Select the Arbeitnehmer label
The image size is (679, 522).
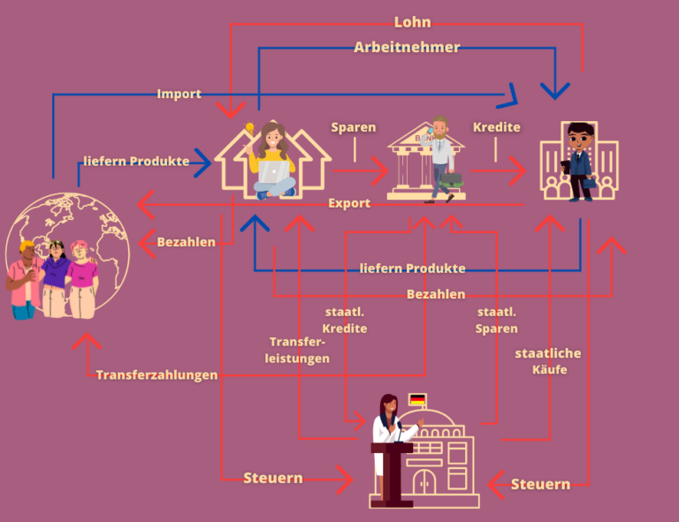pos(407,48)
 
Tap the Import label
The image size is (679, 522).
pos(179,94)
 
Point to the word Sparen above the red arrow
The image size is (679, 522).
pos(354,128)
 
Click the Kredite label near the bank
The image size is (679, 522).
pos(496,127)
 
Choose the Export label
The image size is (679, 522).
pos(349,203)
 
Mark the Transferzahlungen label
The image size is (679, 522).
pos(156,375)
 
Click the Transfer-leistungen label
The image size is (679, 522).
pos(299,350)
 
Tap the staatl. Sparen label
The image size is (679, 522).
pos(497,321)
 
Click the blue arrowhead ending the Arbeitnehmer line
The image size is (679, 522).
pos(555,89)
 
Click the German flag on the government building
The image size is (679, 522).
pos(417,400)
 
